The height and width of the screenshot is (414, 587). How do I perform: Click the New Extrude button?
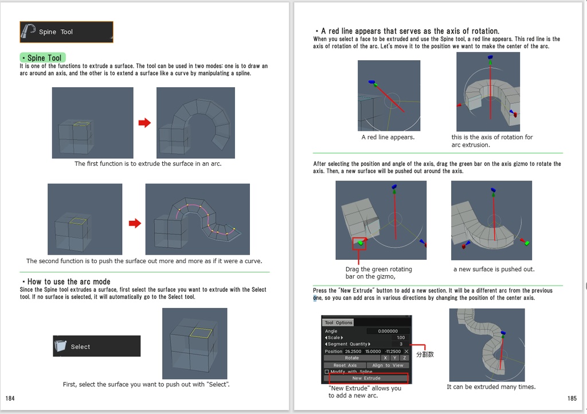tap(366, 378)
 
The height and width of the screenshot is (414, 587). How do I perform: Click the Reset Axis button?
tap(345, 365)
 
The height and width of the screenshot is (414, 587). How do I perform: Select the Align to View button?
tap(388, 365)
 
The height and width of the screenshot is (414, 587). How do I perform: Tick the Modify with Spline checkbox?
tap(327, 372)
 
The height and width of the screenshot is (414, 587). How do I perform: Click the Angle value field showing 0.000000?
tap(388, 331)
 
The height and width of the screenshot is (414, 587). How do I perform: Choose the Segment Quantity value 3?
tap(401, 344)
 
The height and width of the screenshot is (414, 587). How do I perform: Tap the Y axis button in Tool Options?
tap(395, 358)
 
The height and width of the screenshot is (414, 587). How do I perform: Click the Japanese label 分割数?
tap(425, 354)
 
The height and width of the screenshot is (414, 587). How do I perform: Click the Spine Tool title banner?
tap(66, 32)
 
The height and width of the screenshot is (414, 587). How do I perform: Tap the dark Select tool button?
tap(96, 346)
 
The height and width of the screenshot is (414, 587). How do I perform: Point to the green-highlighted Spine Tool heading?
tap(43, 58)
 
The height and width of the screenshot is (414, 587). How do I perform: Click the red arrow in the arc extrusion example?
tap(144, 123)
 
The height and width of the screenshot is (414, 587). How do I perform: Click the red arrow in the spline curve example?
tap(135, 223)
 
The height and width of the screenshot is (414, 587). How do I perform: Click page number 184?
tap(11, 398)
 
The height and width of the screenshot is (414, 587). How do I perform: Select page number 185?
tap(572, 398)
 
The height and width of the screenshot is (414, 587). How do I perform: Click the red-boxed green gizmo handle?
tap(359, 243)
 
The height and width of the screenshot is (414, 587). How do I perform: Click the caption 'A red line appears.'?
tap(388, 138)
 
